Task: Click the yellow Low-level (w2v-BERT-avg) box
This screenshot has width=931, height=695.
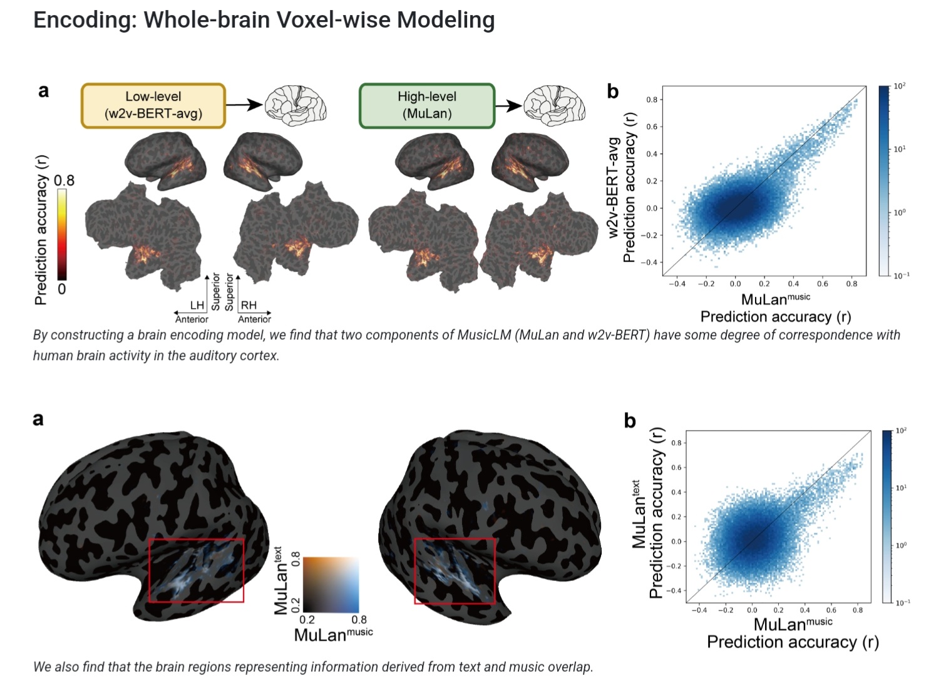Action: tap(153, 105)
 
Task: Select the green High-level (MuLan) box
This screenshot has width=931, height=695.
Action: tap(426, 105)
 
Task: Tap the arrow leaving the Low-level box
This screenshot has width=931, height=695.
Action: tap(244, 105)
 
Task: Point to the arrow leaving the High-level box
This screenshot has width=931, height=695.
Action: tap(508, 105)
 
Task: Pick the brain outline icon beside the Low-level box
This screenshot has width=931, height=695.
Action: tap(296, 105)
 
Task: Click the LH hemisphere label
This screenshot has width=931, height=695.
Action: tap(197, 305)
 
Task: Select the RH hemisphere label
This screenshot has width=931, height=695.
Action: tap(249, 305)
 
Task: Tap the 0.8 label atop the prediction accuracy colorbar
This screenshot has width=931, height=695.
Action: tap(64, 180)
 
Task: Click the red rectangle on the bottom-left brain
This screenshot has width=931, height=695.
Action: tap(196, 570)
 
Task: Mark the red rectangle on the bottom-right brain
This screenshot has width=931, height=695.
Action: tap(455, 571)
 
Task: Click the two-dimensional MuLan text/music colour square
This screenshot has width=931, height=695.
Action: tap(331, 584)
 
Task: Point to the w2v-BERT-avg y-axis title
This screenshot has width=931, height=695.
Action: tap(614, 188)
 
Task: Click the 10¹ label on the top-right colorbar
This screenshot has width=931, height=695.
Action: tap(898, 149)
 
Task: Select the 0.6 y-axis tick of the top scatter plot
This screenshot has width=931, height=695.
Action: tap(652, 126)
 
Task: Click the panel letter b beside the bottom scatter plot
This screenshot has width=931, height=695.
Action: tap(630, 421)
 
